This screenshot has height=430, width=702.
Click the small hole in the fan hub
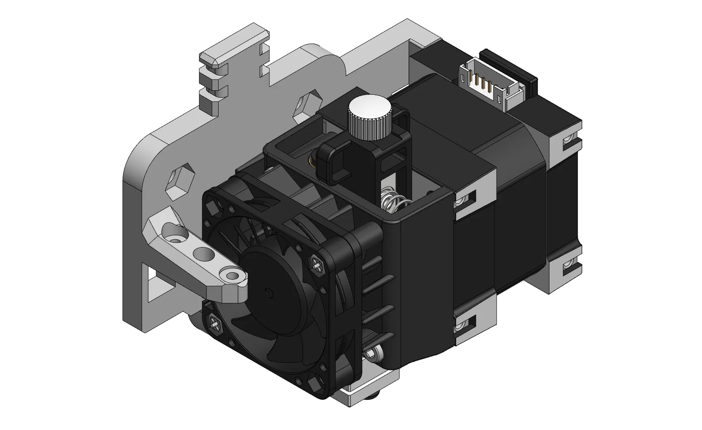pyautogui.click(x=269, y=293)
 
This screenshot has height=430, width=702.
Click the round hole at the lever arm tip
pyautogui.click(x=233, y=274)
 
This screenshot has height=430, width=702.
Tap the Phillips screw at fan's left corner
pyautogui.click(x=216, y=323)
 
